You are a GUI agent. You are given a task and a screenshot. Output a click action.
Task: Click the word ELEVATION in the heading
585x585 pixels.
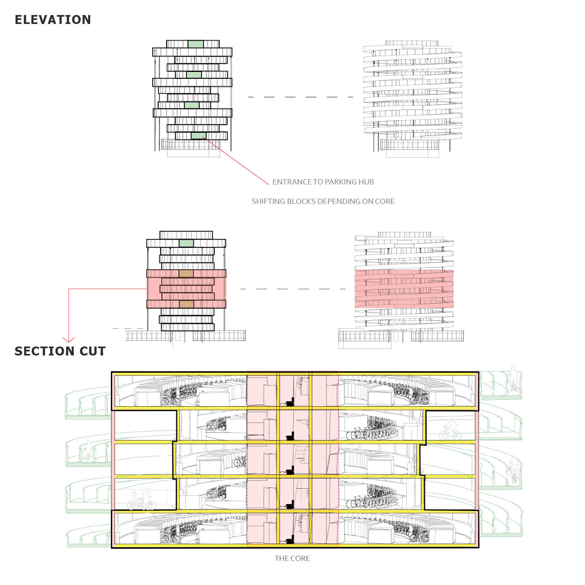point(53,20)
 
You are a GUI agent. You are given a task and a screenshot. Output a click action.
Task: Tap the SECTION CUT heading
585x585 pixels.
point(60,351)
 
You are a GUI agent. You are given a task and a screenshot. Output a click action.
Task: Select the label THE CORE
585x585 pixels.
point(292,559)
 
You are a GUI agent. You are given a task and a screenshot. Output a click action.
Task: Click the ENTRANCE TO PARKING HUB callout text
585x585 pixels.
point(323,182)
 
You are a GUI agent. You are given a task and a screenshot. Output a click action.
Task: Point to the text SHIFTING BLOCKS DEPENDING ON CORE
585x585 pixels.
point(323,201)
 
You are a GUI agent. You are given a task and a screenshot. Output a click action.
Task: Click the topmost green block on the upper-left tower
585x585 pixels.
point(195,44)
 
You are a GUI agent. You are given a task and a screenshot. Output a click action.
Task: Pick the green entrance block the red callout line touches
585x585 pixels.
point(199,136)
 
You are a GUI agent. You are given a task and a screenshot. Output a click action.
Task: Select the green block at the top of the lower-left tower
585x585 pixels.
point(186,243)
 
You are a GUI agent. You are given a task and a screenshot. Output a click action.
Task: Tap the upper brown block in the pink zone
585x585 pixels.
point(186,274)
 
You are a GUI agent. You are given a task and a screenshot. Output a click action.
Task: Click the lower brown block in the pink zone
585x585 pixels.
point(186,304)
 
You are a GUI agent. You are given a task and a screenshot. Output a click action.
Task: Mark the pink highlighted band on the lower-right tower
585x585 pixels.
point(404,288)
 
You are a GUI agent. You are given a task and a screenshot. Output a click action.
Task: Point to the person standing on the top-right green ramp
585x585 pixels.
point(513,378)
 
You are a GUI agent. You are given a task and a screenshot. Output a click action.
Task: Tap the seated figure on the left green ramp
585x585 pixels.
point(88,451)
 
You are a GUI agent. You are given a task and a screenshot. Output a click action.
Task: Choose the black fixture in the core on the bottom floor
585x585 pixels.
point(290,540)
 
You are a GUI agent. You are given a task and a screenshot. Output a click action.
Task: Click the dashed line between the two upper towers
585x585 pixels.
point(301,97)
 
